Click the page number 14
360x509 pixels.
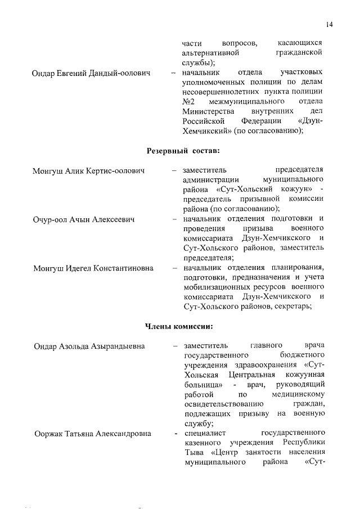[x=329, y=24]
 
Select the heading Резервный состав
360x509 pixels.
[x=183, y=151]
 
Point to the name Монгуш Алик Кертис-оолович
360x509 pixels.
[x=89, y=170]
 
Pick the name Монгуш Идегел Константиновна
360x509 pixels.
[x=93, y=268]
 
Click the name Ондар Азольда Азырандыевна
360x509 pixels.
[x=89, y=345]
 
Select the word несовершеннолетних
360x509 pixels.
[x=218, y=92]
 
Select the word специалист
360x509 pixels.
[x=201, y=433]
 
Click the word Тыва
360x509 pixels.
[x=193, y=453]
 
